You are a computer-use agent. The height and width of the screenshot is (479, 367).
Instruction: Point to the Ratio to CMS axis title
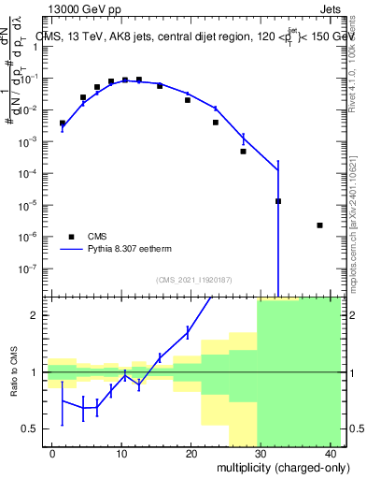coord(14,372)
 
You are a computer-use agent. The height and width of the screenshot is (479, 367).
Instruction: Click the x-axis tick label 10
coord(121,453)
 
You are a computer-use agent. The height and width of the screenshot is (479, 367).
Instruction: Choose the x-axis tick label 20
coord(191,453)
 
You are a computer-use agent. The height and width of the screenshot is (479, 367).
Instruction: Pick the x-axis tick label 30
coord(261,453)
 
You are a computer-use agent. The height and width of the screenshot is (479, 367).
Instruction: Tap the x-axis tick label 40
coord(330,453)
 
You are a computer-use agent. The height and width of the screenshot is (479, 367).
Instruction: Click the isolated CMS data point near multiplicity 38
coord(319,225)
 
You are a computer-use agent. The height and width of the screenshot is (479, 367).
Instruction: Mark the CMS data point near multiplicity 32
coord(278,201)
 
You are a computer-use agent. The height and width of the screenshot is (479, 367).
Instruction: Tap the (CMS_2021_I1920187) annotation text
coord(193,280)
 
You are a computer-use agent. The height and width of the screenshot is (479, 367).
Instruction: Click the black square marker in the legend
coord(72,237)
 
